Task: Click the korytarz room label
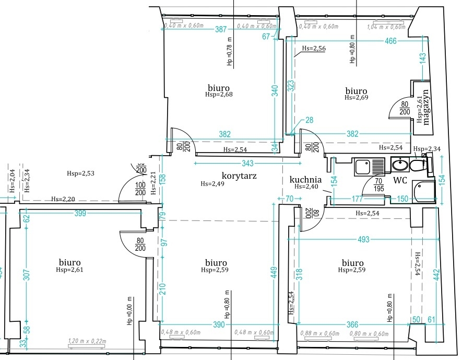coord(239,176)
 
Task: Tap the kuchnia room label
coord(305,180)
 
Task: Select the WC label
coord(400,180)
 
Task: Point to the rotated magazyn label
coord(426,107)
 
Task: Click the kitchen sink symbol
coord(370,167)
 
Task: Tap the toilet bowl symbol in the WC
coord(417,165)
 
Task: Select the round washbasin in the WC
coord(400,165)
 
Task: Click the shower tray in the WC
coord(424,191)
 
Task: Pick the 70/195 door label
coord(378,185)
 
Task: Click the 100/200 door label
coord(140,189)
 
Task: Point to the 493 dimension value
coord(363,239)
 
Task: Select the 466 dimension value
coord(390,41)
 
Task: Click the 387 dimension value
coord(221,29)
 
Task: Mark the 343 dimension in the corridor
coord(247,163)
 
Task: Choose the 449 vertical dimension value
coord(274,272)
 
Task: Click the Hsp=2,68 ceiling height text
coord(219,95)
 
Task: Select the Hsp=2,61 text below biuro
coord(69,270)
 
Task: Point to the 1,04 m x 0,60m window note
coord(386,27)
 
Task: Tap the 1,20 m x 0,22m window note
coord(87,341)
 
